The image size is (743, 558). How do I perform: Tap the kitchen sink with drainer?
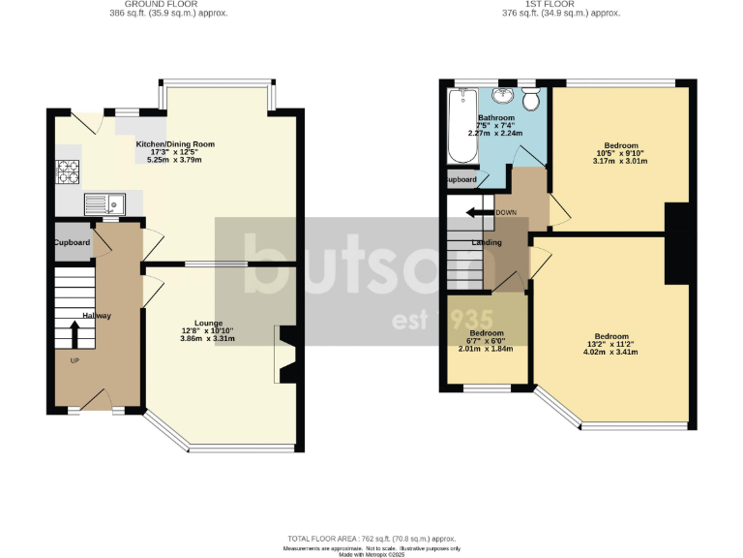(104, 203)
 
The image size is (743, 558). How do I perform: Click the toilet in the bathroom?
(530, 100)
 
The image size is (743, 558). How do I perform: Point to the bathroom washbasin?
(503, 96)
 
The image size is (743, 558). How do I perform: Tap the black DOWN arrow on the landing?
(476, 212)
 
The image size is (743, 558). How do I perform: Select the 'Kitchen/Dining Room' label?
(175, 144)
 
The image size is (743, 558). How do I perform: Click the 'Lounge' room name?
(207, 323)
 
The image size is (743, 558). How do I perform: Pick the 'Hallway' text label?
(97, 316)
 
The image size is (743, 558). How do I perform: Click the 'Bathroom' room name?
(496, 118)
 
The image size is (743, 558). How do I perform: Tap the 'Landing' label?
(486, 242)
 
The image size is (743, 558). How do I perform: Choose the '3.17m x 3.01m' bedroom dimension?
(618, 163)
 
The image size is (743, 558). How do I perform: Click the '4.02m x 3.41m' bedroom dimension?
(610, 352)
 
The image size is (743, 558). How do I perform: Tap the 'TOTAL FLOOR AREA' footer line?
(371, 539)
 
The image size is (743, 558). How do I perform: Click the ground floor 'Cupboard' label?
(73, 242)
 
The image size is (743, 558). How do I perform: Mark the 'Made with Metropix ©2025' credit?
(371, 554)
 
